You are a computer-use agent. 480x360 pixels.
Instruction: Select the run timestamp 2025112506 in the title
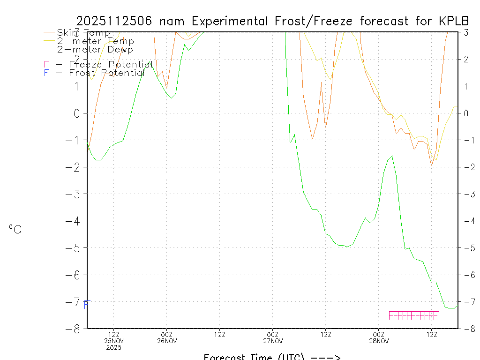point(115,21)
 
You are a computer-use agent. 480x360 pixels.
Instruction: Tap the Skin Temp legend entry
point(83,33)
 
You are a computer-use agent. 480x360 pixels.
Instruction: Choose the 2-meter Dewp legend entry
point(95,49)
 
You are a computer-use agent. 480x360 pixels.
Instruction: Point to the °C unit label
point(15,229)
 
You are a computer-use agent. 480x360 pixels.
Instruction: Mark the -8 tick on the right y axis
point(467,329)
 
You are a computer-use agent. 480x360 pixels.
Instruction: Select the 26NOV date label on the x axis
point(167,341)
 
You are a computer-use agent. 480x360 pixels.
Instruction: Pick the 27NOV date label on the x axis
point(273,341)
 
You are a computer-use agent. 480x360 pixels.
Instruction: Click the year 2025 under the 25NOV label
point(114,347)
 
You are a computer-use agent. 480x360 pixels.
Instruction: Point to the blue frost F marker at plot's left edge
point(86,305)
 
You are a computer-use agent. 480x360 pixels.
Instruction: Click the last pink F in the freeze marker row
point(435,315)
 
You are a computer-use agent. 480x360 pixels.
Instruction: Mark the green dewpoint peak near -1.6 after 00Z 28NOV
point(392,156)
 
